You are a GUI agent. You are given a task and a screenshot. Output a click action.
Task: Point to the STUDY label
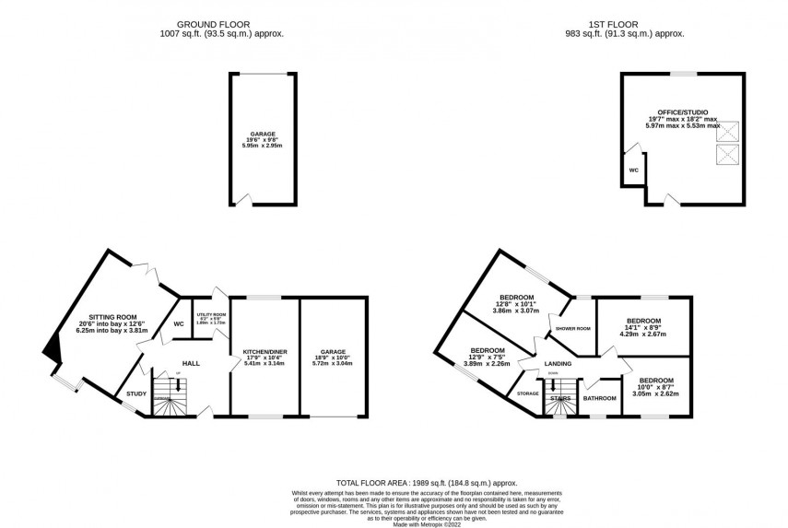(136, 394)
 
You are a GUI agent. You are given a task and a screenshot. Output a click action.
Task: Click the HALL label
(191, 362)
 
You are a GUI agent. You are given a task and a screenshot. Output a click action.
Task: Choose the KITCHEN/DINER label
(265, 352)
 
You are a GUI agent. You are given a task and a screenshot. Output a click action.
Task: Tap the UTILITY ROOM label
(211, 315)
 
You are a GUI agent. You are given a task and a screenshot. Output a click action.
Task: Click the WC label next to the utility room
(179, 323)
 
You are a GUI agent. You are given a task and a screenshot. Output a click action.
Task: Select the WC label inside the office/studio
(633, 170)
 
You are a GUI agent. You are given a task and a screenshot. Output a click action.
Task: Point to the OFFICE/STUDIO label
(682, 113)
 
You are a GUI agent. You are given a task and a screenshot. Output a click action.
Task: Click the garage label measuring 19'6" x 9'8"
(263, 134)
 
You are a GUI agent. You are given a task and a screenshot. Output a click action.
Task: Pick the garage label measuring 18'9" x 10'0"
(333, 352)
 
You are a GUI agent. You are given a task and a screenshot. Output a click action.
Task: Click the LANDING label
(558, 364)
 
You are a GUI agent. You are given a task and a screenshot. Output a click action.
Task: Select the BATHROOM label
(599, 398)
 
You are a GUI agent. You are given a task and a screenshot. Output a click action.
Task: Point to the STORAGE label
(527, 393)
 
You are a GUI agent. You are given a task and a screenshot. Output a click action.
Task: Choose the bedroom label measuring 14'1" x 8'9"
(643, 322)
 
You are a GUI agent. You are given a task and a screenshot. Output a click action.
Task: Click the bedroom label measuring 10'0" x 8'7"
(656, 381)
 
